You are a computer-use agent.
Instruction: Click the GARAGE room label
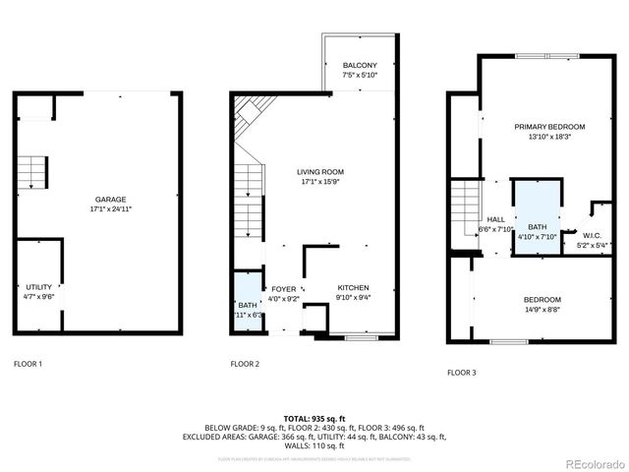coord(109,199)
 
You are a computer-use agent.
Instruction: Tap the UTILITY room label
coord(39,286)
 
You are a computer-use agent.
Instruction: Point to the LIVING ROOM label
coord(320,171)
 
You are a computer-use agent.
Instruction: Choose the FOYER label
coord(284,289)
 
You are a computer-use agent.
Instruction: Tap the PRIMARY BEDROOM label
coord(549,127)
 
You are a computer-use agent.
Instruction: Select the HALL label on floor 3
coord(496,220)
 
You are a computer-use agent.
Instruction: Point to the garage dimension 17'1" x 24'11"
coord(109,209)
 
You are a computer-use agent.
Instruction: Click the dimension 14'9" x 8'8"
coord(542,311)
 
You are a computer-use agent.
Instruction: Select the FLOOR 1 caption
coord(28,364)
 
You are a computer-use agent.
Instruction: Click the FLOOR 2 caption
coord(245,364)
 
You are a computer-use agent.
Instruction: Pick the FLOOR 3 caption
coord(461,373)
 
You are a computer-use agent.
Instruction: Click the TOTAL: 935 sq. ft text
coord(314,417)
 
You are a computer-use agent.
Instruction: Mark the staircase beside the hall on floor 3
coord(463,206)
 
